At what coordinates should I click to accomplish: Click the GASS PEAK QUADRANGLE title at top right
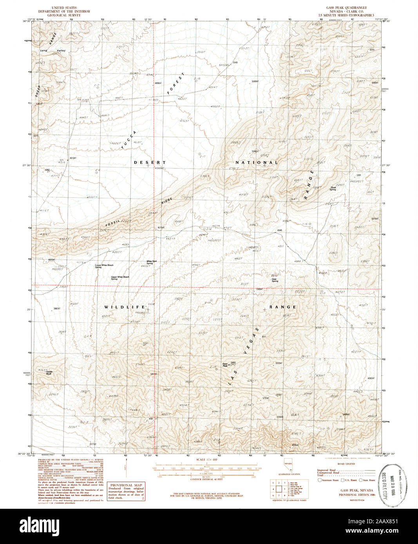coord(348,8)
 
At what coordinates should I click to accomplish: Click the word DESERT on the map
coord(150,162)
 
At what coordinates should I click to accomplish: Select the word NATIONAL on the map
coord(257,162)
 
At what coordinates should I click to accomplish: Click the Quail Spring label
coord(333,188)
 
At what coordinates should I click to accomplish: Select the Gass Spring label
coord(275,280)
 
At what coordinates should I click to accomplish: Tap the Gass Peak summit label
coord(225,365)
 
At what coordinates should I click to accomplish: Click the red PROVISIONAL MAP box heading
coord(126,485)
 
